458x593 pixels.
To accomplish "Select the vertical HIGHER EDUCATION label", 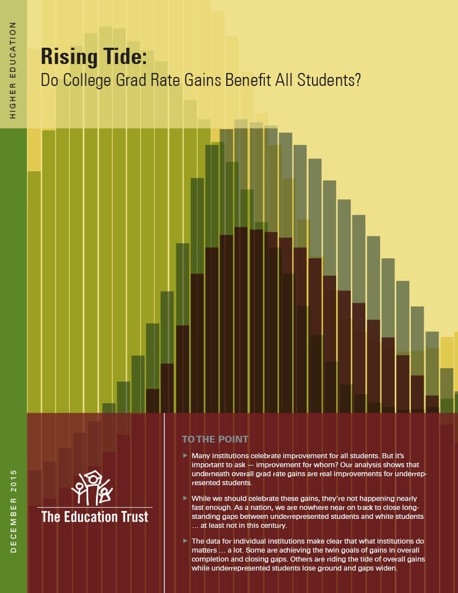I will coord(13,70).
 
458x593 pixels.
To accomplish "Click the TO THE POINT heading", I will coord(215,439).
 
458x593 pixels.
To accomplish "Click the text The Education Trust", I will coord(95,516).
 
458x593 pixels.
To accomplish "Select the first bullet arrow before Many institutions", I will coord(185,455).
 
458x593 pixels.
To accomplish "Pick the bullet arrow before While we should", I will coord(185,498).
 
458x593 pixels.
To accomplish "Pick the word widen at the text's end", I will coord(384,568).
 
